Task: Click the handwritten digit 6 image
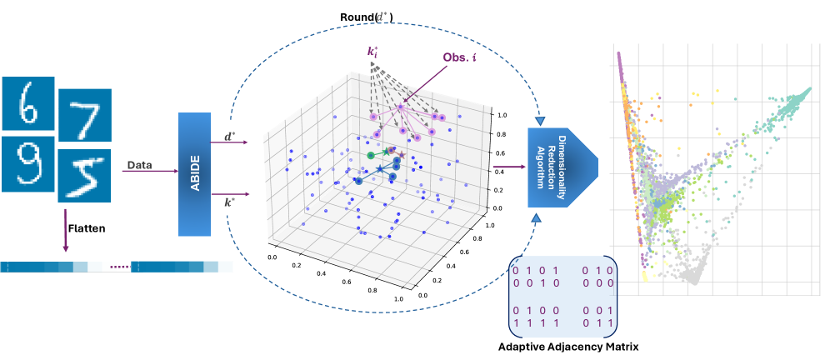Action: tap(28, 105)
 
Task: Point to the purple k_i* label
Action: tap(373, 52)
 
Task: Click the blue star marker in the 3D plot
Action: tap(380, 169)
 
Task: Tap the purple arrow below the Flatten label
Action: tap(65, 237)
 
